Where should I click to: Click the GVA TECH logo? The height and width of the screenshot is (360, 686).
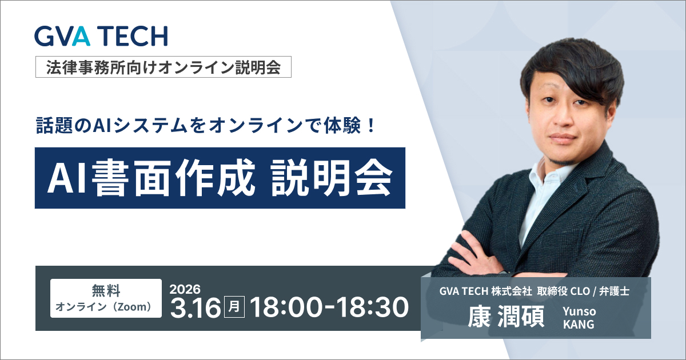click(x=101, y=36)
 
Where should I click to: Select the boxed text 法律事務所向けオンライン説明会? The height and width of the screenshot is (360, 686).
click(x=163, y=67)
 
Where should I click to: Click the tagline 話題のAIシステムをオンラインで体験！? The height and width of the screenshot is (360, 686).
click(x=206, y=126)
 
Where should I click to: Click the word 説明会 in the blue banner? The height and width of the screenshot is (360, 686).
click(x=332, y=178)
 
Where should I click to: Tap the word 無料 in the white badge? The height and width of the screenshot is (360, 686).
click(x=106, y=290)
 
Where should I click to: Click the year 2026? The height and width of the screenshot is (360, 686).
click(x=185, y=289)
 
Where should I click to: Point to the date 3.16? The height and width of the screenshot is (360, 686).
click(x=196, y=307)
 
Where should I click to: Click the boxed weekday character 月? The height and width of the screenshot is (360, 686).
click(x=234, y=307)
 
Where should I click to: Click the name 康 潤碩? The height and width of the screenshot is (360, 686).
click(x=506, y=317)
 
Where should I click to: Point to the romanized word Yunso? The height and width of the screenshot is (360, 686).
click(x=579, y=311)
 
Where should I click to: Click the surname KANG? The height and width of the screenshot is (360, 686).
click(x=579, y=324)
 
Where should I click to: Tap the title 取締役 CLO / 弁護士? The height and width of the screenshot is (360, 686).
click(x=583, y=291)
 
